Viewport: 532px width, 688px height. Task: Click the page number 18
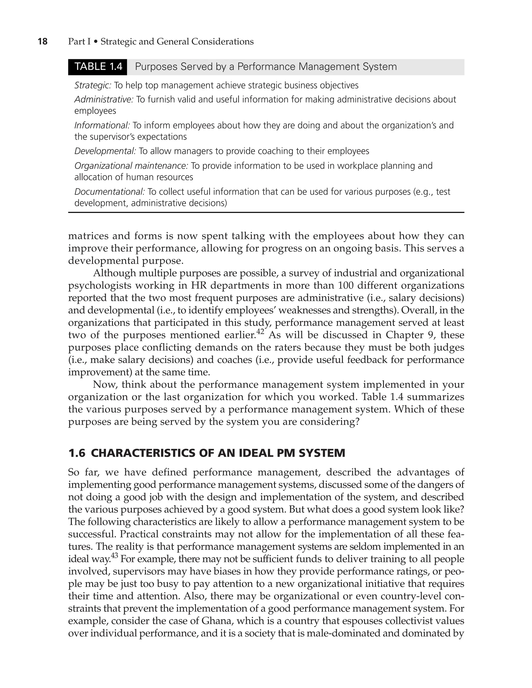pyautogui.click(x=43, y=42)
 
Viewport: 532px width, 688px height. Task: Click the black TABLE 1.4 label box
pyautogui.click(x=98, y=67)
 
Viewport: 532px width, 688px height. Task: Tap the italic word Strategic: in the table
pyautogui.click(x=92, y=85)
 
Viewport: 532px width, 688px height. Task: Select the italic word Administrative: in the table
pyautogui.click(x=104, y=100)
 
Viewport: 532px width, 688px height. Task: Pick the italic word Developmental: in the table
pyautogui.click(x=105, y=151)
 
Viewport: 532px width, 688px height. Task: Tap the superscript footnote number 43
pyautogui.click(x=114, y=555)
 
